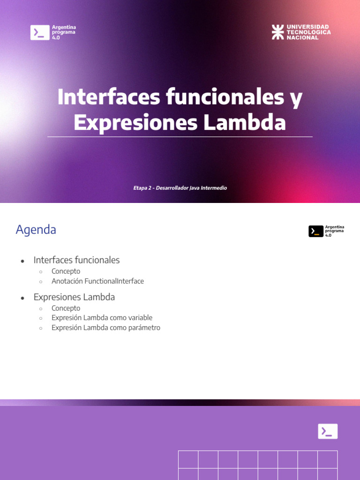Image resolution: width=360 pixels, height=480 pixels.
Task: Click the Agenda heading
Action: pos(36,230)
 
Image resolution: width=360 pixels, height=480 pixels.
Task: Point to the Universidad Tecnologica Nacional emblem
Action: pos(278,32)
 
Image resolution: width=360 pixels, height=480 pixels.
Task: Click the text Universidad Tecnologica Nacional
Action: pos(308,32)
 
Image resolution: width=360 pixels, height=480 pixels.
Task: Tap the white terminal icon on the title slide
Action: pos(40,32)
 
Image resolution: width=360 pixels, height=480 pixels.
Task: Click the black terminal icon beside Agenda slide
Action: pos(316,231)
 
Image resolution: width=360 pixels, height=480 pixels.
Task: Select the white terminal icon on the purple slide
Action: pos(328,431)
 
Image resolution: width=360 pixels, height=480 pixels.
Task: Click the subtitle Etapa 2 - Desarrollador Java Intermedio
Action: pos(180,188)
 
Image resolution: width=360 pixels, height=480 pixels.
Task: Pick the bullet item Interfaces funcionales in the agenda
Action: pos(76,260)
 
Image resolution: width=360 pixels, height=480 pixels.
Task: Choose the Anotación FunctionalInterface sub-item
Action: pos(97,281)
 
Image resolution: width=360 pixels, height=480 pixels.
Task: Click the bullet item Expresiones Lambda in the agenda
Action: pos(74,297)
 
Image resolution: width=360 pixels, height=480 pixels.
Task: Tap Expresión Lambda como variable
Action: pos(102,318)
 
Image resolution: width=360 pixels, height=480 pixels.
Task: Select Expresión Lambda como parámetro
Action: pos(106,328)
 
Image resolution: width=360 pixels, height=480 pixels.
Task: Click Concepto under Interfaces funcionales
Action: pos(66,271)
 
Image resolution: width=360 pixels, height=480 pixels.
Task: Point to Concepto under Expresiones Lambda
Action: pos(66,308)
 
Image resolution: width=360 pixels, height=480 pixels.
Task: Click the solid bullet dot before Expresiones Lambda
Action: pos(22,298)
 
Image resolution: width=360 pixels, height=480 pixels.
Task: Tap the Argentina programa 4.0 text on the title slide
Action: pos(64,32)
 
